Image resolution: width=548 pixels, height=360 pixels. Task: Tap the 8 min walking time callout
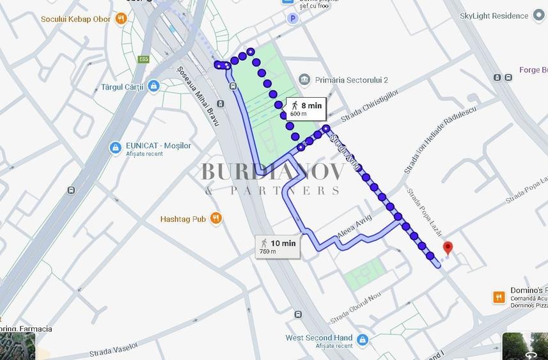tap(306, 109)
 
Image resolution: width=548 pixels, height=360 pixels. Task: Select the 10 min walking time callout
tap(278, 246)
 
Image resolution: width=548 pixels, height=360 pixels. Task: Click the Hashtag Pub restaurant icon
tap(216, 219)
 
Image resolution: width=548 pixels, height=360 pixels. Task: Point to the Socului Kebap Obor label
tap(75, 19)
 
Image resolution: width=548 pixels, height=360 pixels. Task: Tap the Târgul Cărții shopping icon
tap(153, 86)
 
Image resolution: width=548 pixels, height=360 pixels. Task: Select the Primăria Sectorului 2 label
tap(352, 80)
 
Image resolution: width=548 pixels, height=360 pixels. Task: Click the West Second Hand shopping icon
tap(363, 339)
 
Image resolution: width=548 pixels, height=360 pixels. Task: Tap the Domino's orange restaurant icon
tap(499, 297)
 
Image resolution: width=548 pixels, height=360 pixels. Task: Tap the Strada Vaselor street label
tap(114, 348)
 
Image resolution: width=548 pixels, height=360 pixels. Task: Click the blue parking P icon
tap(293, 19)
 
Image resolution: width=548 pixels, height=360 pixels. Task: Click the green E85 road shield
tap(143, 59)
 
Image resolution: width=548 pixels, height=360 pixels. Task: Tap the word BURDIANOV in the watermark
tap(273, 171)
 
